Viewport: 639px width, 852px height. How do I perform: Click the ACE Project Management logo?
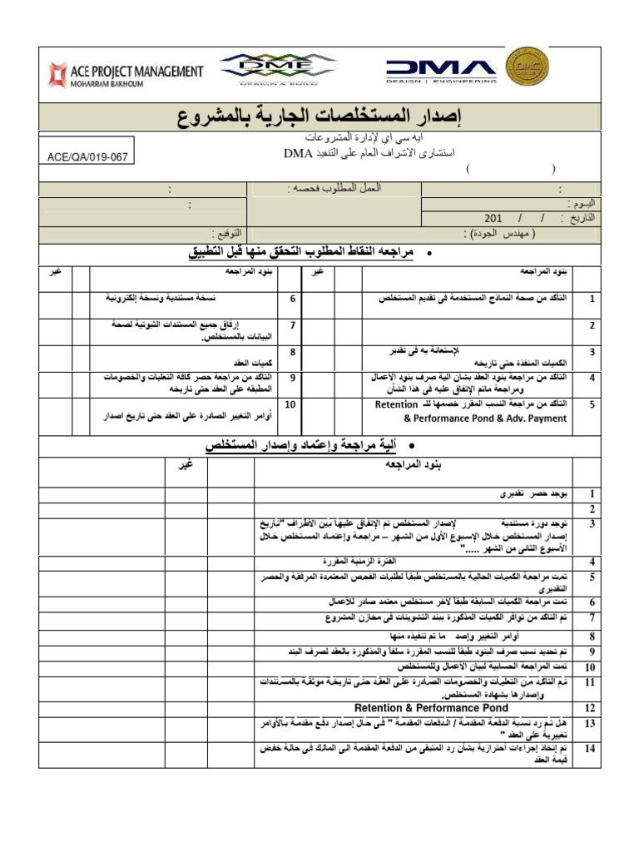point(125,72)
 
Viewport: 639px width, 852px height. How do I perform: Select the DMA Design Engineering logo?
point(441,71)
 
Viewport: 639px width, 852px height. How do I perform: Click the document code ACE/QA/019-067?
point(87,156)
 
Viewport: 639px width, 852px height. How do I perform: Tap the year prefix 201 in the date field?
point(493,218)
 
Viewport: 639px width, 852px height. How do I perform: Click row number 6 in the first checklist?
point(292,298)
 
